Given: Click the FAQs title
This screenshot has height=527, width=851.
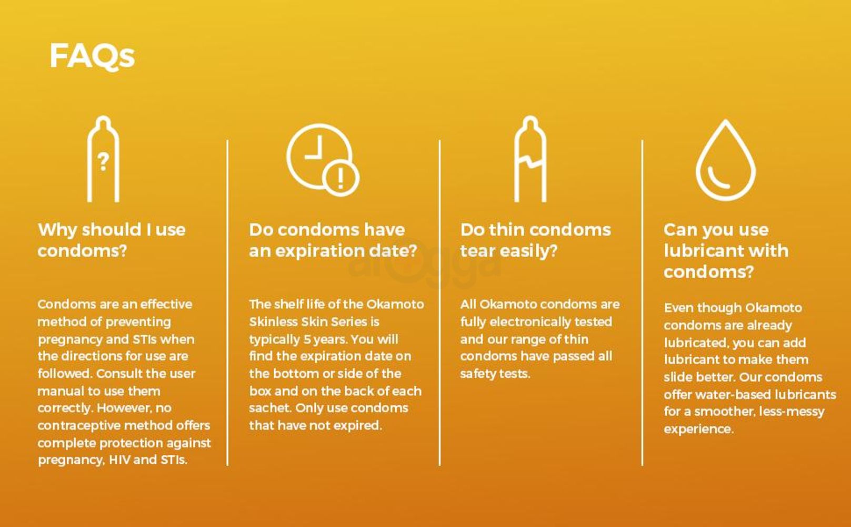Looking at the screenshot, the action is click(x=92, y=56).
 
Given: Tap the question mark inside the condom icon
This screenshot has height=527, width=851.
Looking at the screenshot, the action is click(x=103, y=162).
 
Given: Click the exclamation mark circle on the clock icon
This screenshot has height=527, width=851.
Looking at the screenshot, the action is click(x=341, y=178).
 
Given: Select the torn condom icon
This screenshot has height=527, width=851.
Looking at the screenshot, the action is click(x=530, y=159).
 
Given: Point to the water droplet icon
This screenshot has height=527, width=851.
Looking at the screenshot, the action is click(x=726, y=160).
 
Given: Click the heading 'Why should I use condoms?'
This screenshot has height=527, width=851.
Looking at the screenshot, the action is click(x=112, y=240).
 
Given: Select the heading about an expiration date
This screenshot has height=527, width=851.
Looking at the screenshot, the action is click(x=333, y=240).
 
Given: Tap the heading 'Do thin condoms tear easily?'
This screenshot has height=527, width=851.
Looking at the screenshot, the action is click(x=536, y=240).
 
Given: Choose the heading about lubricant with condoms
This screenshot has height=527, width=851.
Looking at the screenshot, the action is click(x=726, y=251).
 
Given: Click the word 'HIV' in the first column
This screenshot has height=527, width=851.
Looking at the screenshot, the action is click(x=119, y=460).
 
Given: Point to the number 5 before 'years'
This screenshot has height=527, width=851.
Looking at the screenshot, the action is click(x=307, y=339).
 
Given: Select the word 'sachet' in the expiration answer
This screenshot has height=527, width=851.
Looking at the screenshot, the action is click(x=270, y=408).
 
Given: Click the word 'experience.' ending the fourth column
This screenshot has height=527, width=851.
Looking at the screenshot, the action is click(x=699, y=429).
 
